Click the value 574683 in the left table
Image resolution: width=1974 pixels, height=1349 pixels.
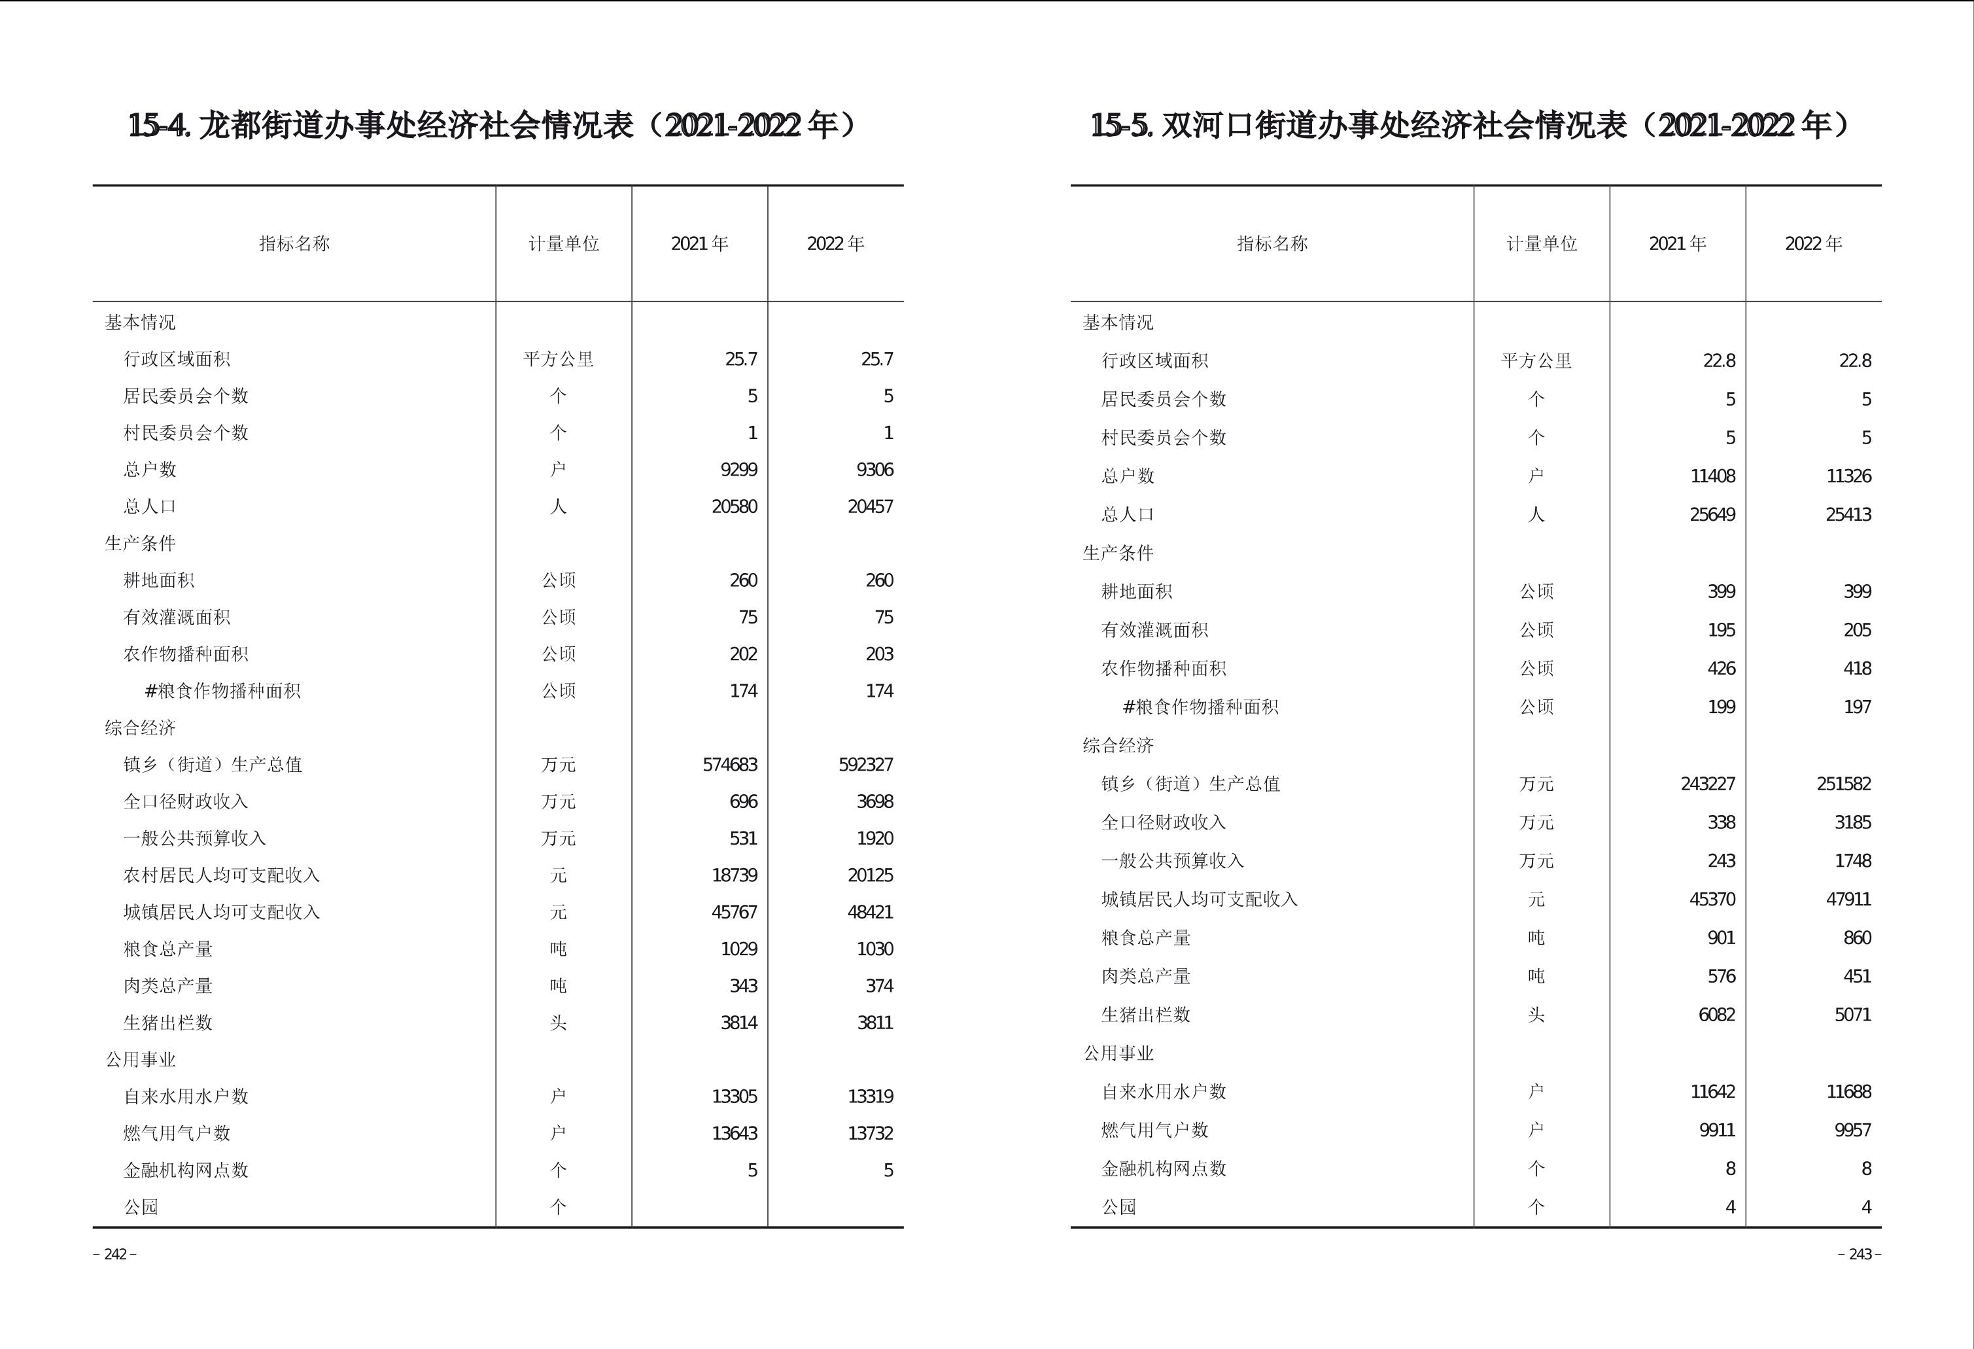tap(730, 765)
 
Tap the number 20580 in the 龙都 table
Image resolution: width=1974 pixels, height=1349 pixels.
tap(734, 506)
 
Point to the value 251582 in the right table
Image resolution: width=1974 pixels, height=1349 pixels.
tap(1843, 783)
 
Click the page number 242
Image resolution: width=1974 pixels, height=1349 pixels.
tap(114, 1254)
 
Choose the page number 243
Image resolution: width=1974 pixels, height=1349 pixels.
tap(1860, 1254)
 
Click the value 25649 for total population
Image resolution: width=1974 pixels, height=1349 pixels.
tap(1712, 514)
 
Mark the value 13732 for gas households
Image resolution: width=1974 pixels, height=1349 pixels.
tap(870, 1132)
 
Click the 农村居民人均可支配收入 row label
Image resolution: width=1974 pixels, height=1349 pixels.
tap(221, 875)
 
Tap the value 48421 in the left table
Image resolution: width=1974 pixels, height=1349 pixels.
tap(870, 911)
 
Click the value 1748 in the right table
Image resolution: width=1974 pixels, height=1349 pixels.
tap(1852, 860)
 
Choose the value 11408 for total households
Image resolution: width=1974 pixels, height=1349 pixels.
tap(1712, 476)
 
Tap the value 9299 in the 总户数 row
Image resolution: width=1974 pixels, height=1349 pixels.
tap(738, 470)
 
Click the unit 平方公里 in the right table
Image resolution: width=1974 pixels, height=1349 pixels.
tap(1536, 360)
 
